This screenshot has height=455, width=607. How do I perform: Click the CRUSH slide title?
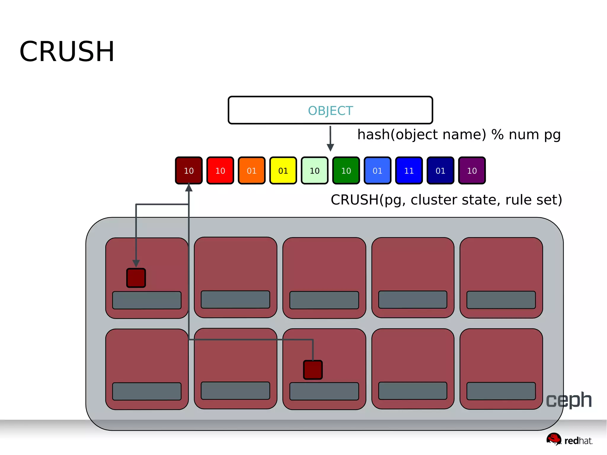pyautogui.click(x=67, y=52)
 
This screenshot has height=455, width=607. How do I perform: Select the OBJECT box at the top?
pyautogui.click(x=330, y=110)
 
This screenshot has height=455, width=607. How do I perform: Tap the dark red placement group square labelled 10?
pyautogui.click(x=189, y=170)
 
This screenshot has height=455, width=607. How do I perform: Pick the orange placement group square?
pyautogui.click(x=252, y=170)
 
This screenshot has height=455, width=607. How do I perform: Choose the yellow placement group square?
pyautogui.click(x=283, y=170)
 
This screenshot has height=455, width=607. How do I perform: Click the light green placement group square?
pyautogui.click(x=314, y=170)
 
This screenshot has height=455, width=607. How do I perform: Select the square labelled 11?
pyautogui.click(x=409, y=170)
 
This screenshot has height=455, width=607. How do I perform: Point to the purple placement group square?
pyautogui.click(x=472, y=170)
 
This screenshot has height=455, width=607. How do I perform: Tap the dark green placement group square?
pyautogui.click(x=346, y=170)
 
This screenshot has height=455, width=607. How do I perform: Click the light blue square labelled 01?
pyautogui.click(x=377, y=170)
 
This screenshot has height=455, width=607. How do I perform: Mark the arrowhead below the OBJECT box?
pyautogui.click(x=330, y=147)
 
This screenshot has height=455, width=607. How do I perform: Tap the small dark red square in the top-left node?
pyautogui.click(x=136, y=278)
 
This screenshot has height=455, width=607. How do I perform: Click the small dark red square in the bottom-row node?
pyautogui.click(x=313, y=370)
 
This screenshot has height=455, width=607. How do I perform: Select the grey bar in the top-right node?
pyautogui.click(x=501, y=300)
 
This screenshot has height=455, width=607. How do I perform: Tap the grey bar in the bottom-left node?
pyautogui.click(x=147, y=391)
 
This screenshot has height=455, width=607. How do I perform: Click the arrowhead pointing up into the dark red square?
pyautogui.click(x=189, y=188)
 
